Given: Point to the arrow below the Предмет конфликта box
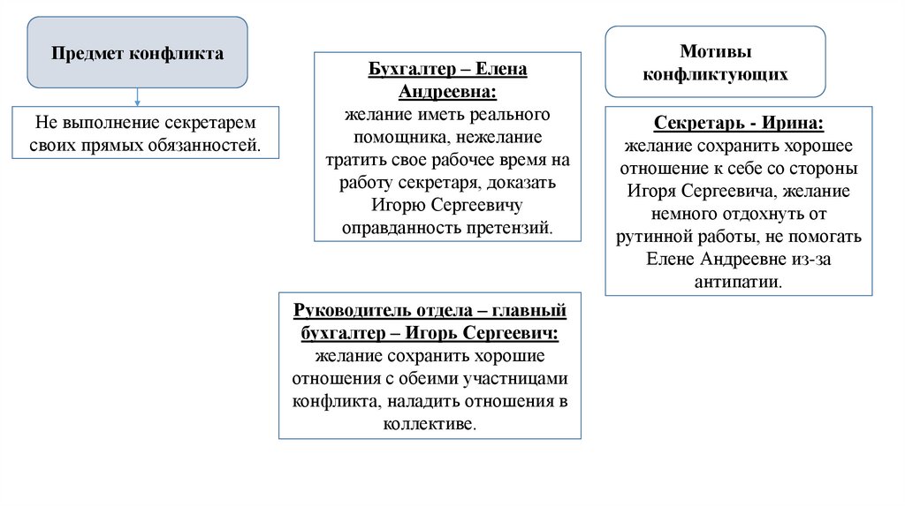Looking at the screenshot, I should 137,98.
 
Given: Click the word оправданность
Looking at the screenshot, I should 390,228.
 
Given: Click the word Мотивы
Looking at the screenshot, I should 715,52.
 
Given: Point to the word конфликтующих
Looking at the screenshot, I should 715,75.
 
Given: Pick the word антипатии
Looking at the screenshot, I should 738,283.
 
